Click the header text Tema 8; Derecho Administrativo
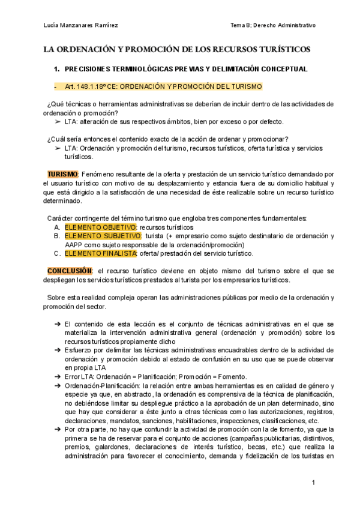(273, 25)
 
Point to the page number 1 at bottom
(313, 483)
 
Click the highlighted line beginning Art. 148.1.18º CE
(163, 86)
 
